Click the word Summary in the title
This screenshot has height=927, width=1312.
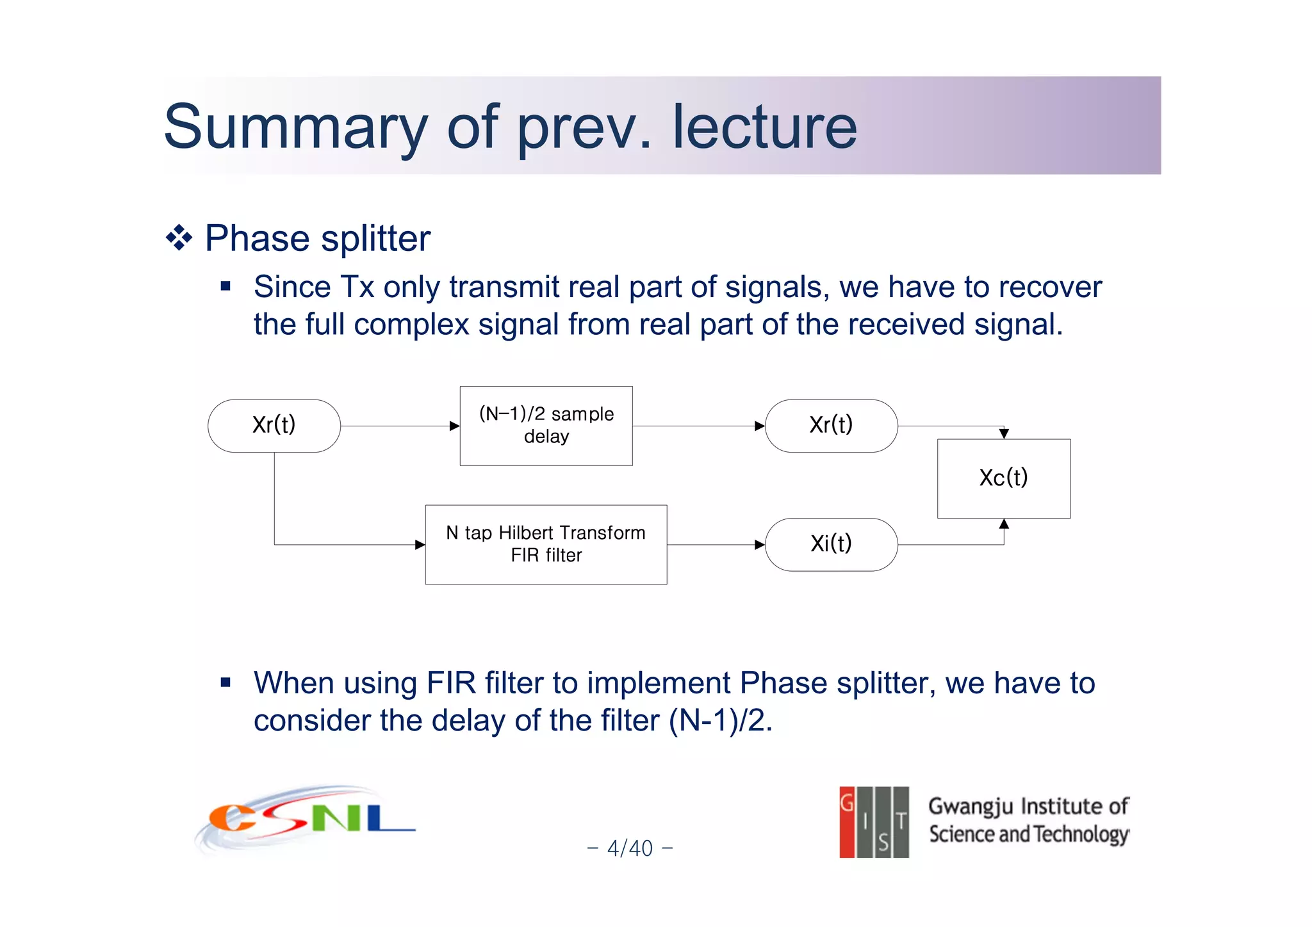tap(295, 128)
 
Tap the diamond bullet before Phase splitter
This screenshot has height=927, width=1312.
tap(179, 239)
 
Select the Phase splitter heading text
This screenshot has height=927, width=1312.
tap(318, 239)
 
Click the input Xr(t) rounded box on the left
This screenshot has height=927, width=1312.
tap(274, 426)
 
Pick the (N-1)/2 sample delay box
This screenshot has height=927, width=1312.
tap(546, 426)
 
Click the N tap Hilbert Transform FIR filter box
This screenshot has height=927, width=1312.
tap(546, 544)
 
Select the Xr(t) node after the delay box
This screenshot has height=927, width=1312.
tap(831, 426)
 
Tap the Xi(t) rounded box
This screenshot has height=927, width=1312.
tap(831, 544)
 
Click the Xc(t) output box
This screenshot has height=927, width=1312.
tap(1003, 478)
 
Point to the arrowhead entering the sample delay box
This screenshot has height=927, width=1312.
tap(455, 426)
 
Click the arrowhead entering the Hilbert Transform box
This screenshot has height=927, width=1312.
tap(420, 545)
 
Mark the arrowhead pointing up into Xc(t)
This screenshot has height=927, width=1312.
tap(1004, 524)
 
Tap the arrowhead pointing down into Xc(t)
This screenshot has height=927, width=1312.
tap(1004, 433)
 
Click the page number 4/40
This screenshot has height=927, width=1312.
tap(630, 848)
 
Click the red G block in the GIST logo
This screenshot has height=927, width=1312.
tap(847, 822)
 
